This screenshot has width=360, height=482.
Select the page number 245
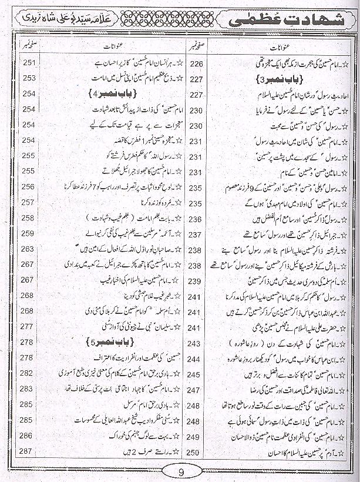[196, 374]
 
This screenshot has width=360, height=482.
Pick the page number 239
[196, 281]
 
